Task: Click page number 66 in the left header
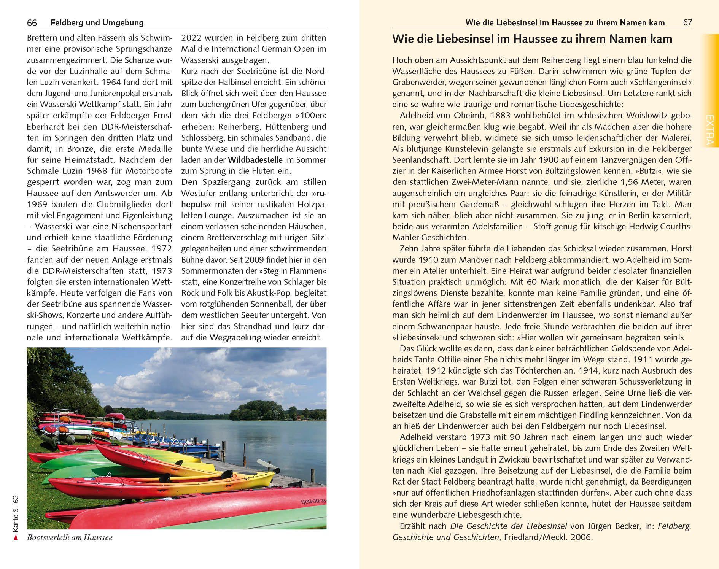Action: point(32,23)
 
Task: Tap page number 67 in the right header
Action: point(687,22)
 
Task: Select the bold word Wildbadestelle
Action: point(255,160)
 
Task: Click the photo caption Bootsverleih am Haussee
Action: point(70,538)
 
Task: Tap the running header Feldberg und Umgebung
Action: point(97,23)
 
